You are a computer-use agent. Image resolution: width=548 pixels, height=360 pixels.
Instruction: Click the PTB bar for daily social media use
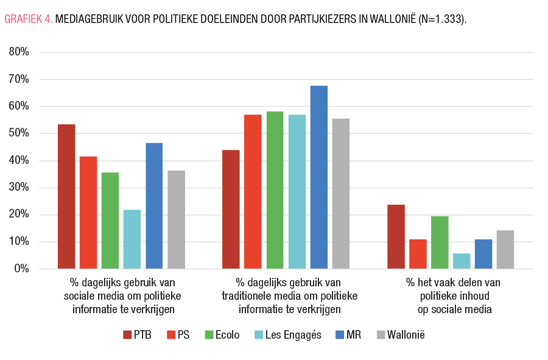66,196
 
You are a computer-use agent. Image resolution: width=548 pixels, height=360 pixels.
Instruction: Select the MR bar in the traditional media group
318,177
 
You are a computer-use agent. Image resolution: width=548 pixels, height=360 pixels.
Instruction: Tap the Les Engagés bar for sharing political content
462,261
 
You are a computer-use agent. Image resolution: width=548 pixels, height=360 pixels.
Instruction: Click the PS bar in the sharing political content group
418,253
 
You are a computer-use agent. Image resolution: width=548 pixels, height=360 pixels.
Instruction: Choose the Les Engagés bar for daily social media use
132,239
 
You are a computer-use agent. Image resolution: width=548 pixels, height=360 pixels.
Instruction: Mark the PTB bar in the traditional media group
231,209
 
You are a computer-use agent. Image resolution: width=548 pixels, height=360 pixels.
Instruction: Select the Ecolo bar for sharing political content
440,242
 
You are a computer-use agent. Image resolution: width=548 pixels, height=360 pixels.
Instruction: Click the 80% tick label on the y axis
19,52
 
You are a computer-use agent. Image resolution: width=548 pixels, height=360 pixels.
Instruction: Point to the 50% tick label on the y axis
19,133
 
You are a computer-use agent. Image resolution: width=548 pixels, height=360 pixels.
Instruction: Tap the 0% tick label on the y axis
22,269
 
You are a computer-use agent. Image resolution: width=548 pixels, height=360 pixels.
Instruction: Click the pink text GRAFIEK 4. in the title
29,19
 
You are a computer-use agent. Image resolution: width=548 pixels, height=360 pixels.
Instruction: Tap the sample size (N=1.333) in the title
443,19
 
